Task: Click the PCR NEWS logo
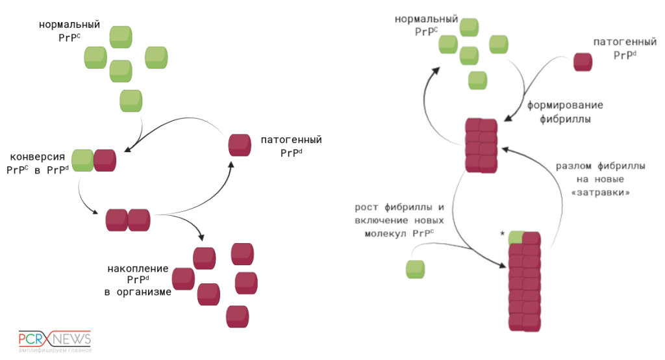(55, 340)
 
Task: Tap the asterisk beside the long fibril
(503, 233)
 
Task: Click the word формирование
(565, 105)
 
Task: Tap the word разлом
(572, 166)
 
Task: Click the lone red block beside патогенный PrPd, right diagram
(583, 62)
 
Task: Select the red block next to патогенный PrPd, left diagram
(240, 145)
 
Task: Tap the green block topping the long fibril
(517, 238)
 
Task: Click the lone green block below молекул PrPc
(415, 269)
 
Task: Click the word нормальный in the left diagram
(69, 25)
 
